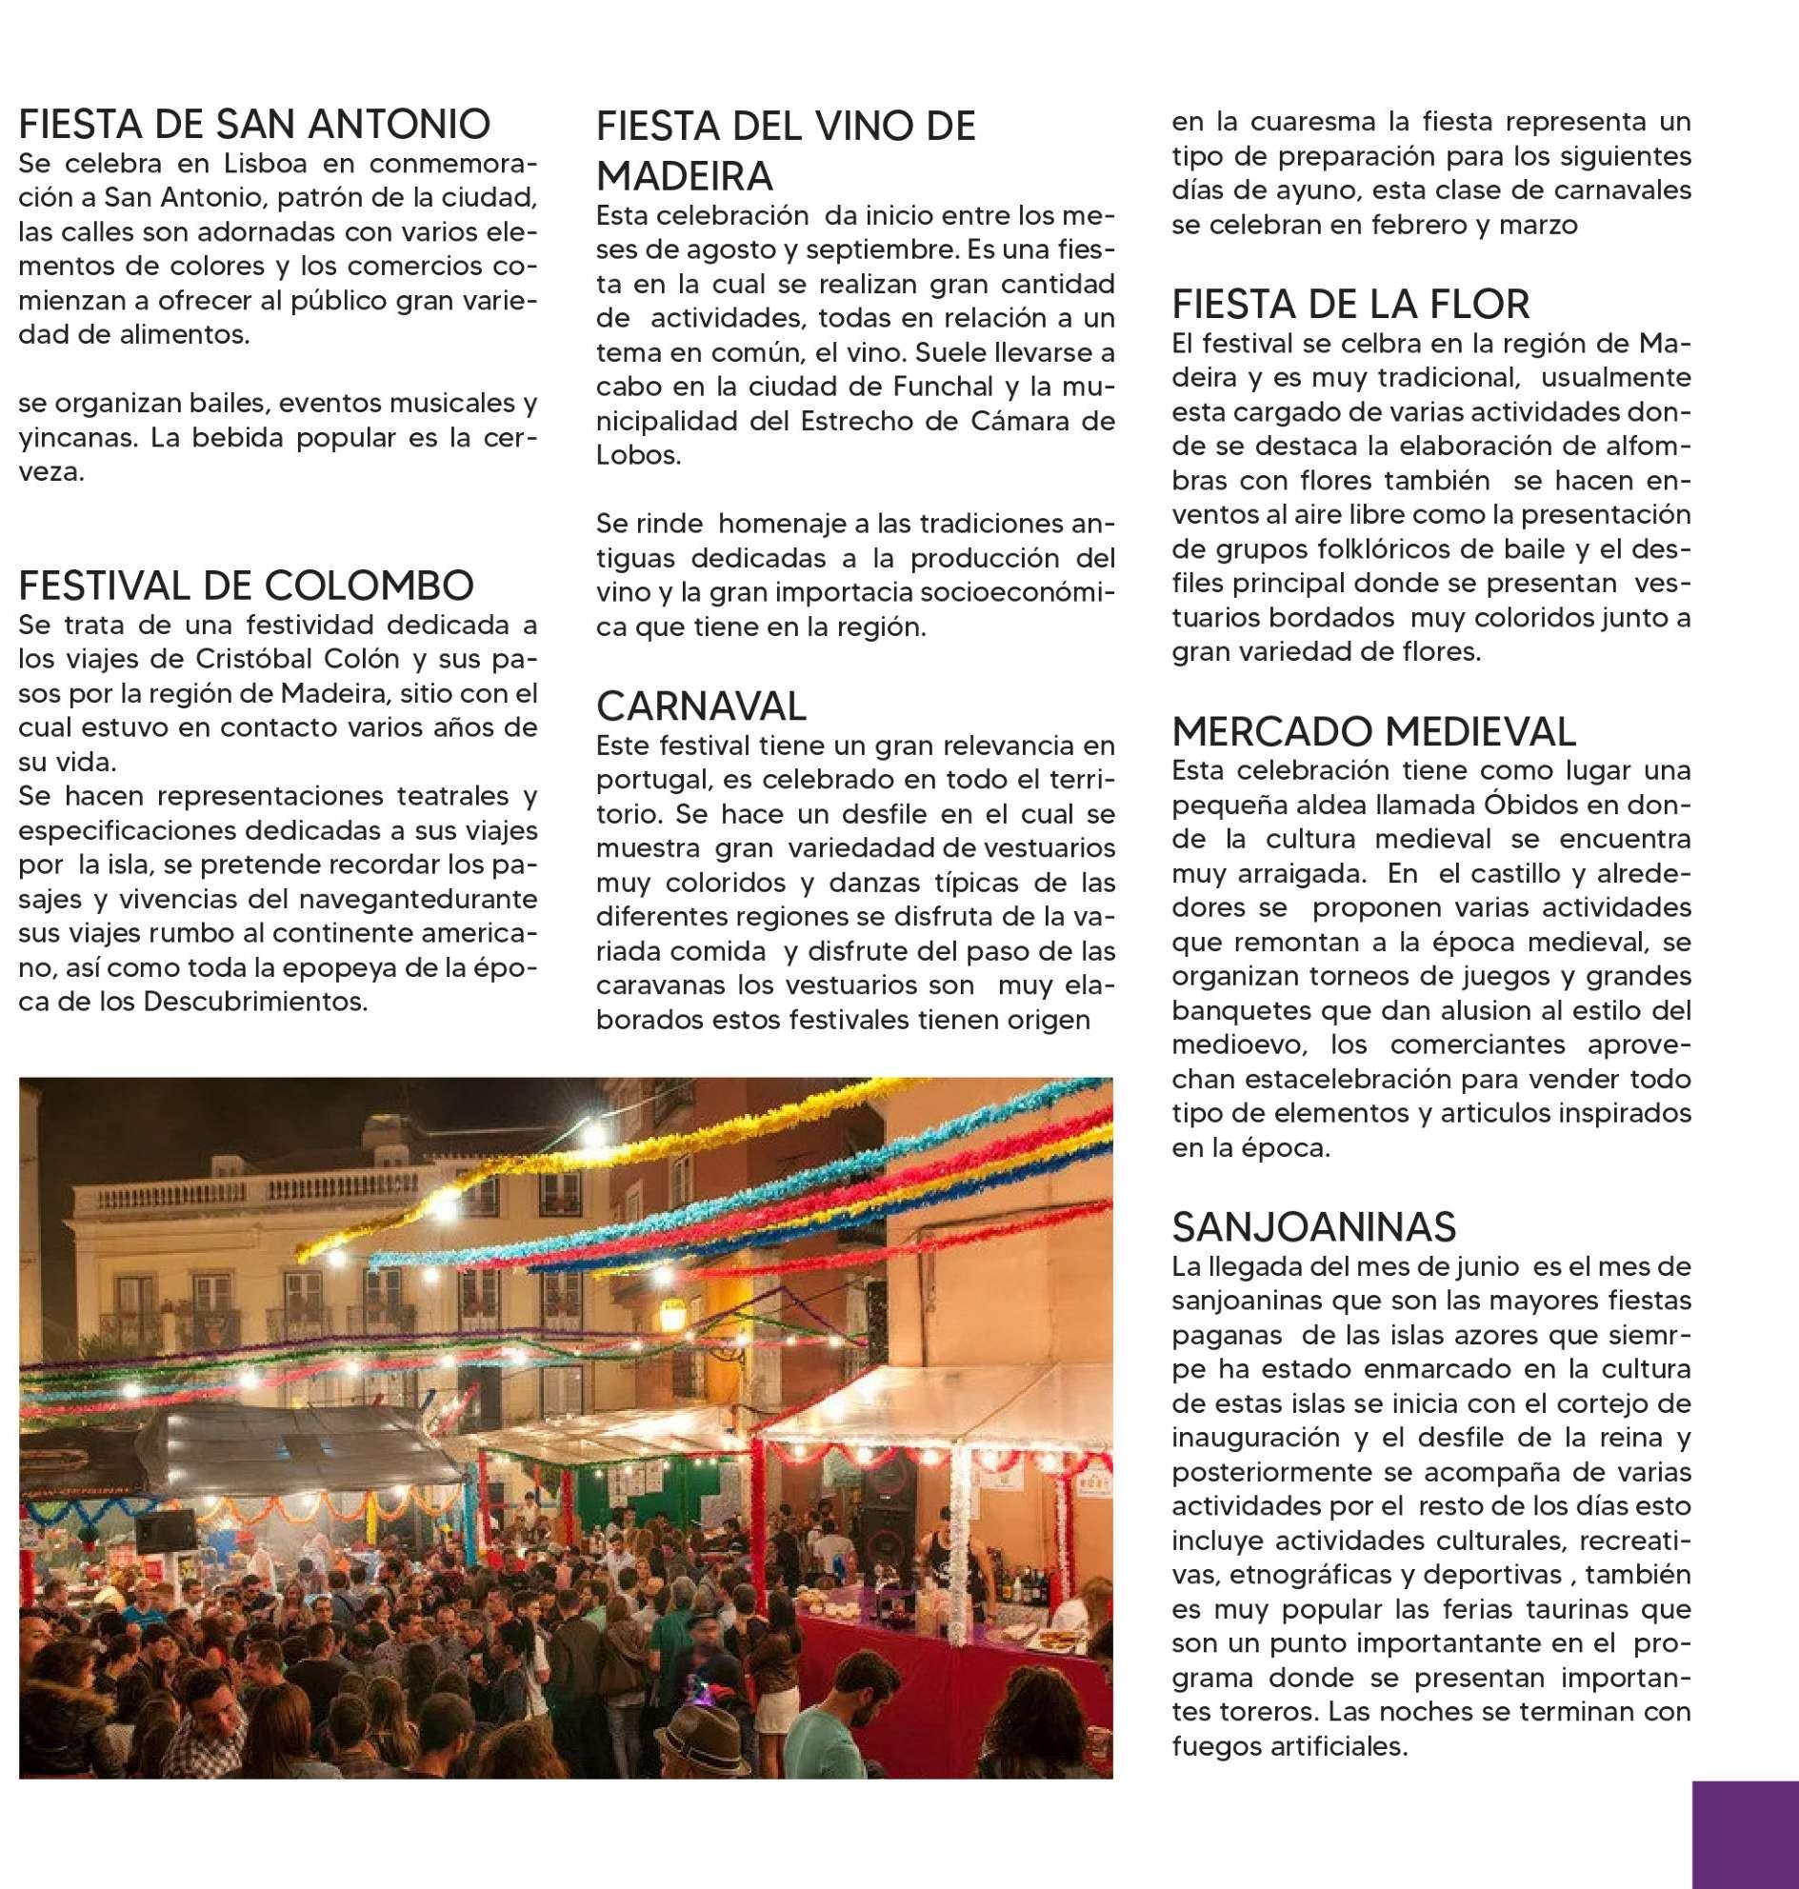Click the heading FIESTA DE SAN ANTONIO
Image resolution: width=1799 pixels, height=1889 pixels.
tap(254, 125)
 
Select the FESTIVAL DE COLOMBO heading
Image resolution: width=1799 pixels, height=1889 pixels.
tap(246, 584)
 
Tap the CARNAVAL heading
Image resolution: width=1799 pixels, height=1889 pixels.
tap(701, 706)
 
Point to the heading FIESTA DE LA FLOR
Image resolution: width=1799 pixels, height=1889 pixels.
tap(1351, 304)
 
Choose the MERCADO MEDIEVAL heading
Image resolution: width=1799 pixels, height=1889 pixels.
tap(1373, 731)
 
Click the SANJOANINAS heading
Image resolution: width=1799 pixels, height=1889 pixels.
tap(1313, 1226)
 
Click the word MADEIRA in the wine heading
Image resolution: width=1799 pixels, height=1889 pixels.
tap(684, 175)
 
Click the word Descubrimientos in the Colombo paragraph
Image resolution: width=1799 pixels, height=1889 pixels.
tap(255, 1002)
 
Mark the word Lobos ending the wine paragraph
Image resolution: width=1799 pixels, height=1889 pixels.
tap(638, 455)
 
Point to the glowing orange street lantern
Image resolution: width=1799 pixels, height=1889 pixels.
tap(674, 1318)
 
